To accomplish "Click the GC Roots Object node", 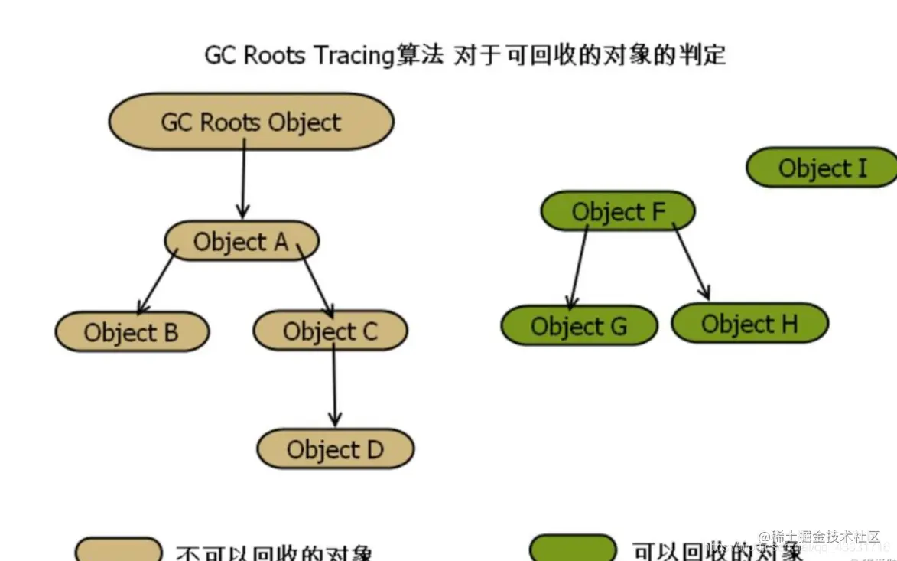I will coord(251,122).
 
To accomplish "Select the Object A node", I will coord(241,242).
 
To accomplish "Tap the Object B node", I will coord(132,332).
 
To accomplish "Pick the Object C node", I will coord(330,331).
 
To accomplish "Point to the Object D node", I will coord(335,449).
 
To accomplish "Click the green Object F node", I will coord(618,211).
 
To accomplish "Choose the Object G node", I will coord(579,326).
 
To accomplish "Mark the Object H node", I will coord(749,324).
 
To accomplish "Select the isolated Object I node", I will coord(822,168).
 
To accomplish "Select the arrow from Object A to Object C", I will coord(314,280).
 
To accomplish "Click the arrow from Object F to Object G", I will coord(578,265).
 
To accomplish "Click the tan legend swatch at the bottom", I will coord(119,550).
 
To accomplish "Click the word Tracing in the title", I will coord(353,56).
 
